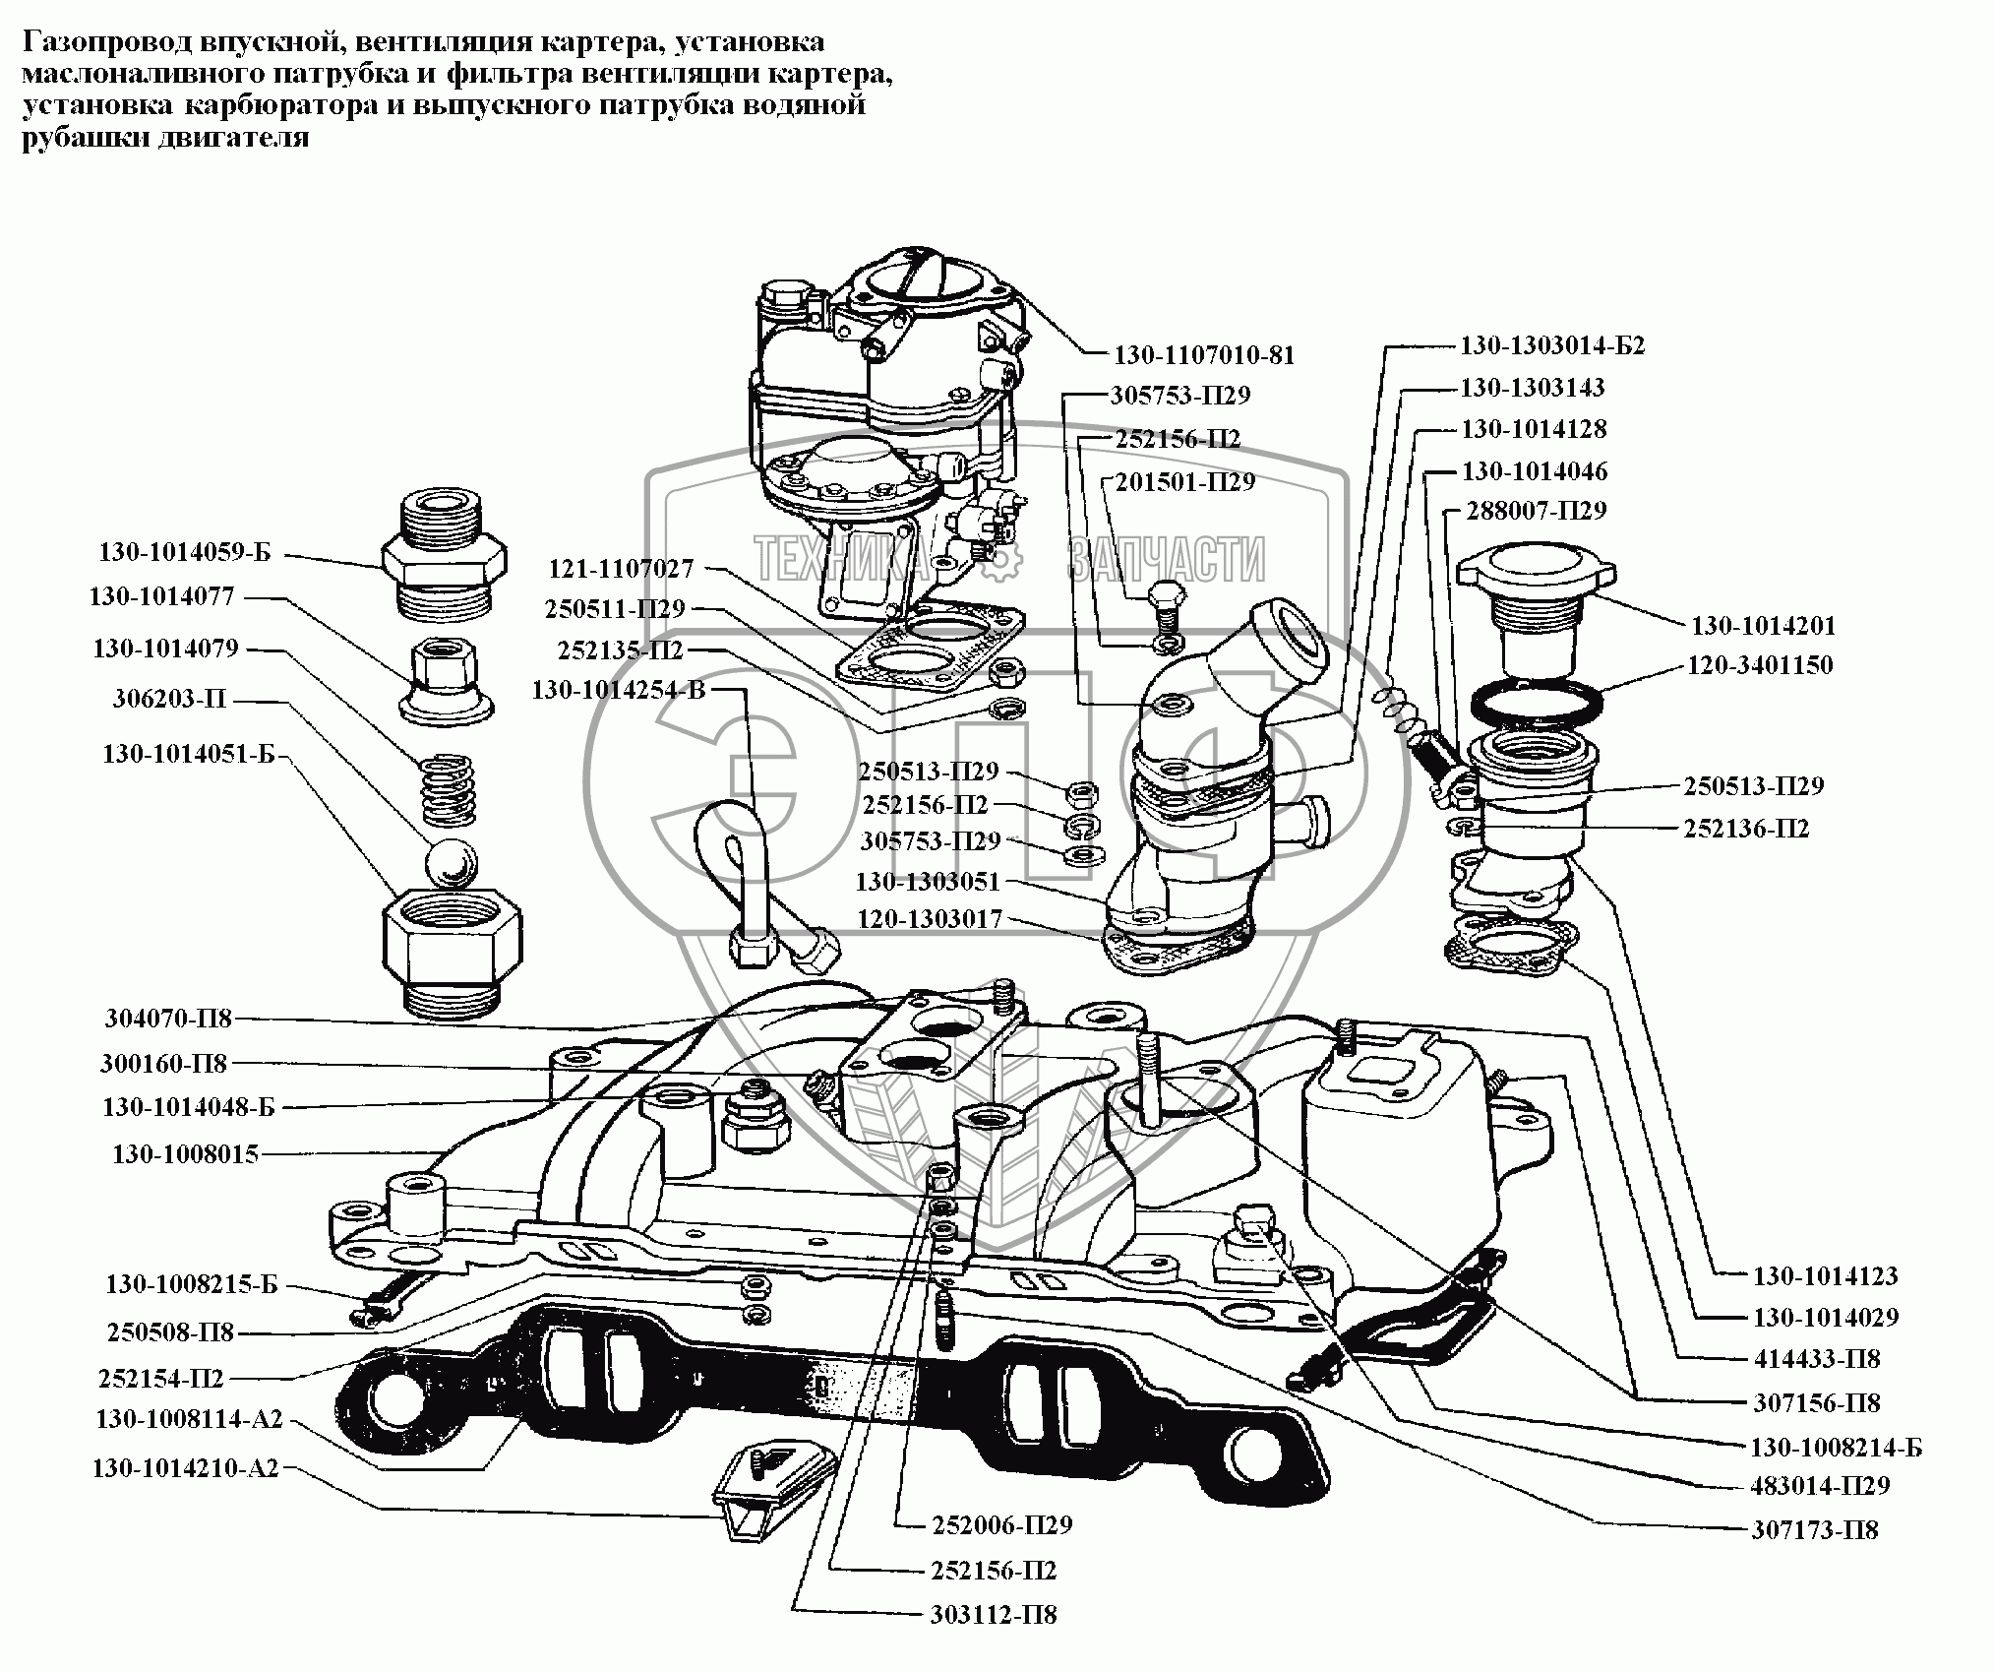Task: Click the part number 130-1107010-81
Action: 1203,355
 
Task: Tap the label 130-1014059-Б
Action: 184,552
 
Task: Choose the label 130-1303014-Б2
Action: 1551,345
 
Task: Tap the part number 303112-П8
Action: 994,1642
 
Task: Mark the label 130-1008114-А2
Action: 189,1419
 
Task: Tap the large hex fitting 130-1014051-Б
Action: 452,945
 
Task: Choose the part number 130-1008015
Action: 185,1153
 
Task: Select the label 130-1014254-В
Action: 619,690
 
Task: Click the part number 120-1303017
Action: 930,919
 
